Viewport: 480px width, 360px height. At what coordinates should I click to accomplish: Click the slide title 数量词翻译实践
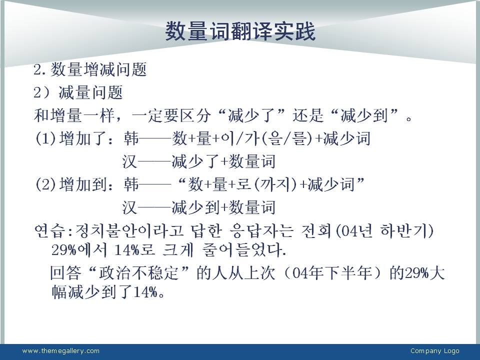(x=240, y=31)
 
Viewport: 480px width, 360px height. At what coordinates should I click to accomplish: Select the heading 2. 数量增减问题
(x=90, y=69)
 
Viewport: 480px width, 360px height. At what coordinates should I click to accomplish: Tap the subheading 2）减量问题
(x=78, y=92)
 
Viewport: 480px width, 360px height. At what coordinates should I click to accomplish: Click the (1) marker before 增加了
(x=45, y=138)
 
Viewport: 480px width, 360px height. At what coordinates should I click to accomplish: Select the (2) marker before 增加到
(x=45, y=184)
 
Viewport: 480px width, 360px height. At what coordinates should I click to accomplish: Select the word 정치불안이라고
(x=129, y=231)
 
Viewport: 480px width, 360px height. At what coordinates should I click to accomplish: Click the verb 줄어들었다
(x=243, y=250)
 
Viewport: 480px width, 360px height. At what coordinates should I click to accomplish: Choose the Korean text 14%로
(x=134, y=250)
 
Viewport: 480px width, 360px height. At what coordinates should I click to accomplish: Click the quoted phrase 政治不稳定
(x=138, y=273)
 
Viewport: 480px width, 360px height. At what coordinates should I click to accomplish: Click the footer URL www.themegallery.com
(x=60, y=351)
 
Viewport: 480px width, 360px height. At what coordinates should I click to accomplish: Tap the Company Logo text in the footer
(x=434, y=351)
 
